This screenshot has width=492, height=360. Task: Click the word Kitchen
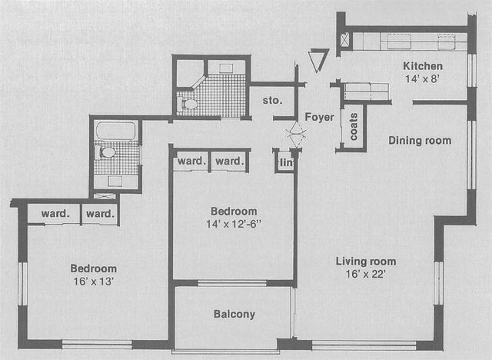point(423,65)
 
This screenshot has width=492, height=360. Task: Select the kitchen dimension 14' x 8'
point(423,78)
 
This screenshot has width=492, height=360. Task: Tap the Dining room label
point(419,140)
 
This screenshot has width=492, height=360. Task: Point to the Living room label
point(366,262)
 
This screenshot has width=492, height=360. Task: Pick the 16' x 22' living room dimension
point(366,274)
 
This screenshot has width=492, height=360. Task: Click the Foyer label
point(319,117)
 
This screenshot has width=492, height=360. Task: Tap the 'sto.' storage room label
point(272,100)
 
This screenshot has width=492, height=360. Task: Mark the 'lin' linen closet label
point(285,162)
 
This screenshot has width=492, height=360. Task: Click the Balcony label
point(234,314)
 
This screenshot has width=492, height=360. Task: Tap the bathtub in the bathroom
point(116,130)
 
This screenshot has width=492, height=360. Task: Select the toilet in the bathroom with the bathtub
point(108,152)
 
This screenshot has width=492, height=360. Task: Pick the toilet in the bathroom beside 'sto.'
point(190,102)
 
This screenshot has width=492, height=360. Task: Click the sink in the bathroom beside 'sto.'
point(225,68)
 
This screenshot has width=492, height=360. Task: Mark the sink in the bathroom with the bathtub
point(115,182)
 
